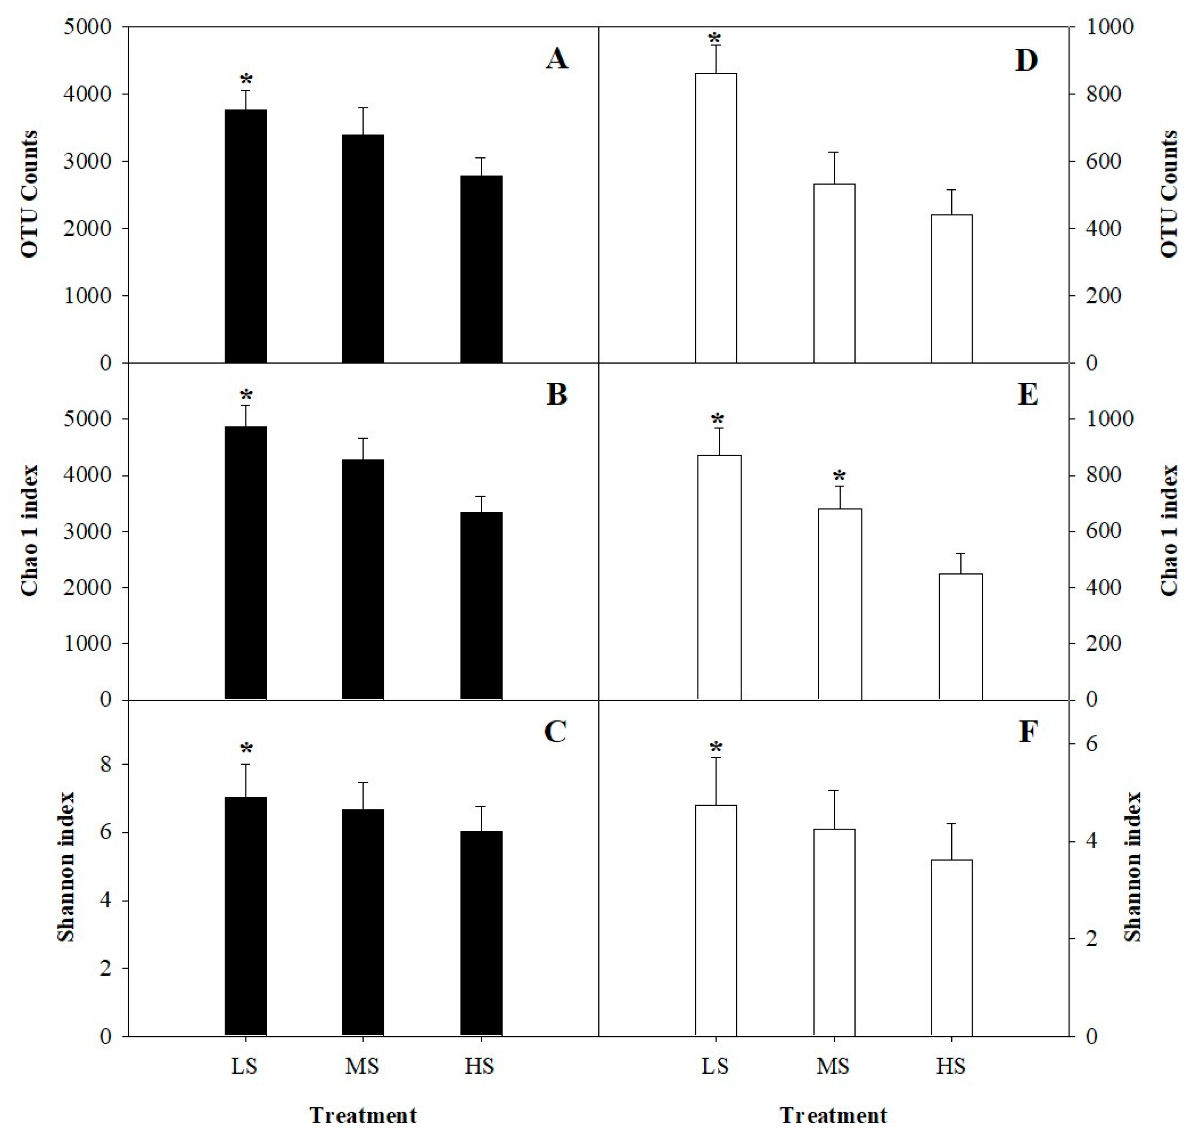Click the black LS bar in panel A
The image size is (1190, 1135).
[245, 236]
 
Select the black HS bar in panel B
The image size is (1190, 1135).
[481, 605]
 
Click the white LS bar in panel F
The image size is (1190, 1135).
[716, 920]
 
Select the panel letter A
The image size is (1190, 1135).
[556, 59]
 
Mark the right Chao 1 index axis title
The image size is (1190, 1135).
[1169, 531]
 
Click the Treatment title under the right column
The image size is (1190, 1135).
[833, 1115]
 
